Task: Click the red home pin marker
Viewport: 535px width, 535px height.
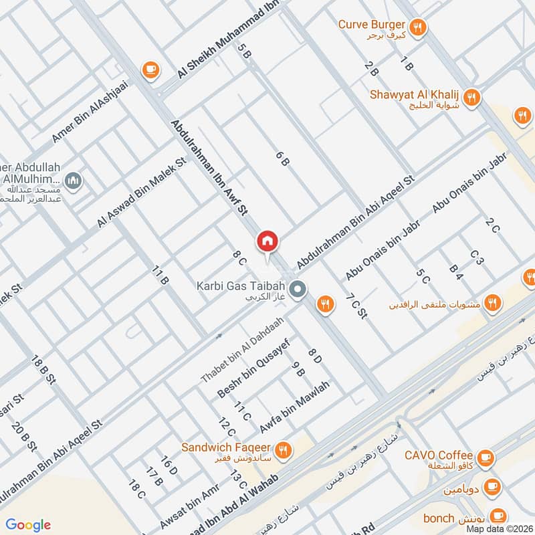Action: pyautogui.click(x=267, y=241)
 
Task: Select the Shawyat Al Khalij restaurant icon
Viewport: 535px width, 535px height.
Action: pyautogui.click(x=471, y=96)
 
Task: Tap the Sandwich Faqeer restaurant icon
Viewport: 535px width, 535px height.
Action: pyautogui.click(x=284, y=449)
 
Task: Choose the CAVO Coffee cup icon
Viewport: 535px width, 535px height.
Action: pyautogui.click(x=486, y=458)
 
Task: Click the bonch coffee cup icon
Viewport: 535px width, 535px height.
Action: pyautogui.click(x=498, y=516)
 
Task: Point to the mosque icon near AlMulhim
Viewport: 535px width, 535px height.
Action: pyautogui.click(x=73, y=180)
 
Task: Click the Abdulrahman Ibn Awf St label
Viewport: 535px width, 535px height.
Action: pyautogui.click(x=209, y=168)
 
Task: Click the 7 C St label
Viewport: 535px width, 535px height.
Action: pyautogui.click(x=356, y=304)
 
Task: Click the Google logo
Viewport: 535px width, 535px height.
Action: pyautogui.click(x=27, y=525)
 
